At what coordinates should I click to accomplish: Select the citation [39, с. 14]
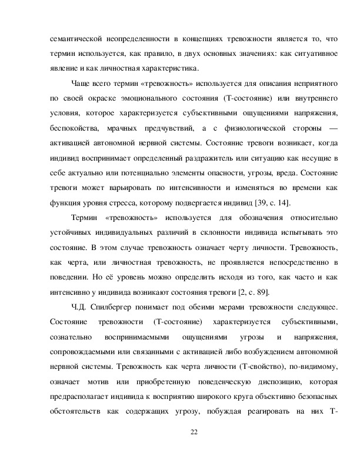(269, 203)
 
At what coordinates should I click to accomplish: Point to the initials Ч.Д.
(78, 308)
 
